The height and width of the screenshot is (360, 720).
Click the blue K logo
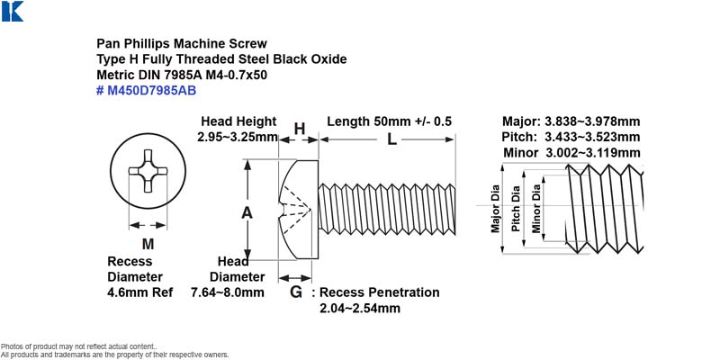click(13, 12)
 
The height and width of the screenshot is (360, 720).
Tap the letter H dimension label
click(300, 129)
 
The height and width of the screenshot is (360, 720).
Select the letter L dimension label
click(391, 139)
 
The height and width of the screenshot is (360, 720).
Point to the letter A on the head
click(247, 213)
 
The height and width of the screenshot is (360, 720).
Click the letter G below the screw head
click(296, 292)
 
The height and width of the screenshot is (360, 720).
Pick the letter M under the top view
click(148, 244)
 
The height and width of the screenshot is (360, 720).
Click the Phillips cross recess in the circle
click(148, 171)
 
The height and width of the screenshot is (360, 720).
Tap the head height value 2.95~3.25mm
click(238, 137)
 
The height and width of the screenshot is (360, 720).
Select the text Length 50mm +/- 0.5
click(390, 121)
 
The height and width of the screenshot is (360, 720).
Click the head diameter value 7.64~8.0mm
click(228, 292)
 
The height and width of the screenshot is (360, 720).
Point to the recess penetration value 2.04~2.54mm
click(360, 308)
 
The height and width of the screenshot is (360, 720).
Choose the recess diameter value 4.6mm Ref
click(140, 292)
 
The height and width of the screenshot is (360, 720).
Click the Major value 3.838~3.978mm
click(592, 121)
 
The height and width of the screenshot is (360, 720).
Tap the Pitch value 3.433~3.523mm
click(592, 137)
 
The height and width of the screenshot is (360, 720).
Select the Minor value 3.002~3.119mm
click(592, 152)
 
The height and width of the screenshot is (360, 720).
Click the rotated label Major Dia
click(496, 209)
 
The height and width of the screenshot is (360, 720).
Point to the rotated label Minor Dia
click(536, 208)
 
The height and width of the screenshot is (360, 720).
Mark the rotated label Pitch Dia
click(516, 209)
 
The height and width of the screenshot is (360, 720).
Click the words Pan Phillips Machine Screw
click(182, 43)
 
